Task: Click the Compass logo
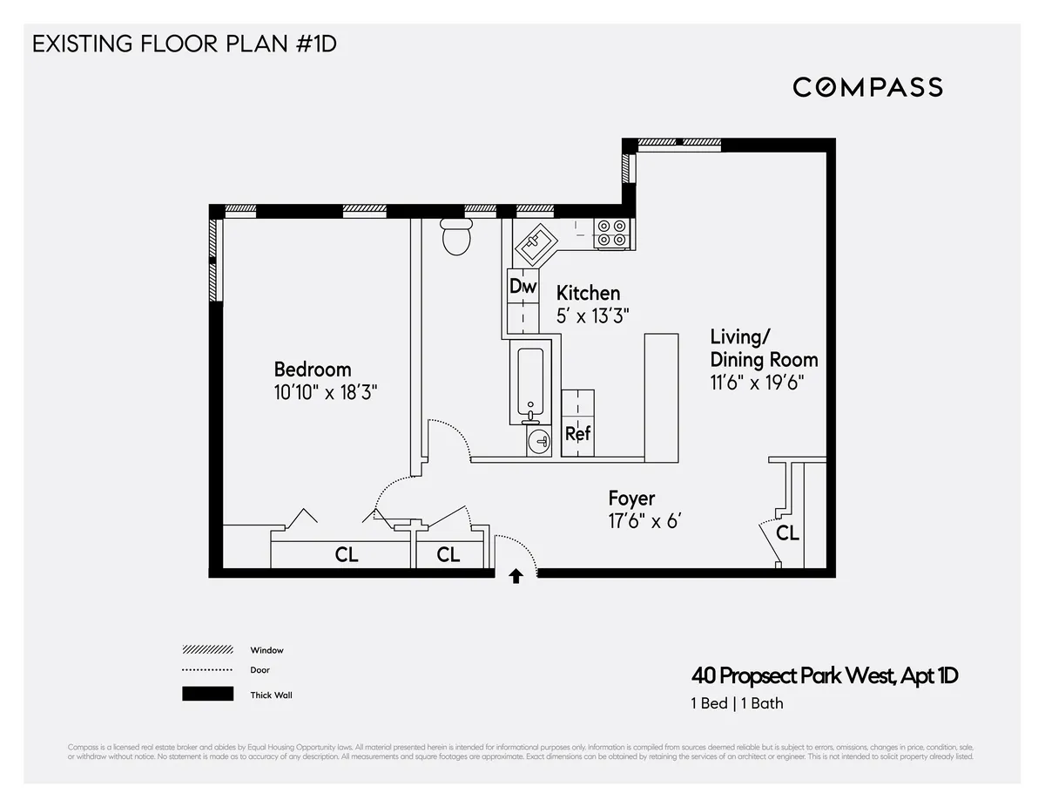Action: [x=867, y=87]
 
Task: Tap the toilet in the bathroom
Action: [x=456, y=236]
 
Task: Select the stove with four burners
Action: [x=611, y=233]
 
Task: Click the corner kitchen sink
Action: [x=538, y=243]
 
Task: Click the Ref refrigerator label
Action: [x=577, y=433]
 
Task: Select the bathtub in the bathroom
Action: [x=530, y=383]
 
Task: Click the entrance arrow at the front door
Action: [x=516, y=576]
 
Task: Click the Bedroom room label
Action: [x=313, y=369]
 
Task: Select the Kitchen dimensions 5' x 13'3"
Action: [x=592, y=316]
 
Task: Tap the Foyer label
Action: [x=631, y=498]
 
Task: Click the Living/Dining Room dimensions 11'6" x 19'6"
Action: [x=756, y=383]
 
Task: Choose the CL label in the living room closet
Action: [x=787, y=533]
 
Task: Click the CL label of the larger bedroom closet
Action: [x=347, y=554]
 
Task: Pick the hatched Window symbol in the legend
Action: [x=207, y=650]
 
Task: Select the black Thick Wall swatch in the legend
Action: [x=207, y=695]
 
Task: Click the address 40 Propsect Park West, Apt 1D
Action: [x=824, y=675]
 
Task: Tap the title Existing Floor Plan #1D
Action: [x=184, y=44]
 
